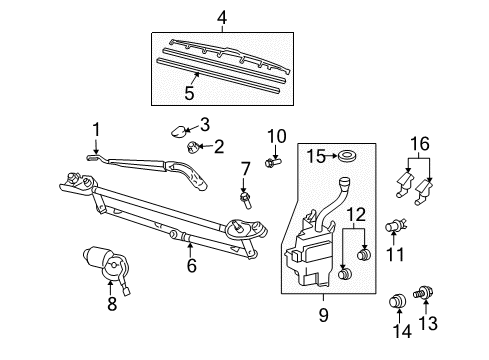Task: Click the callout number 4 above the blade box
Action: pos(222,17)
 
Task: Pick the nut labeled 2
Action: pos(192,148)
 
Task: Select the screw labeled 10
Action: pos(273,157)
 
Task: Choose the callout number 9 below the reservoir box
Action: pos(322,314)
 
